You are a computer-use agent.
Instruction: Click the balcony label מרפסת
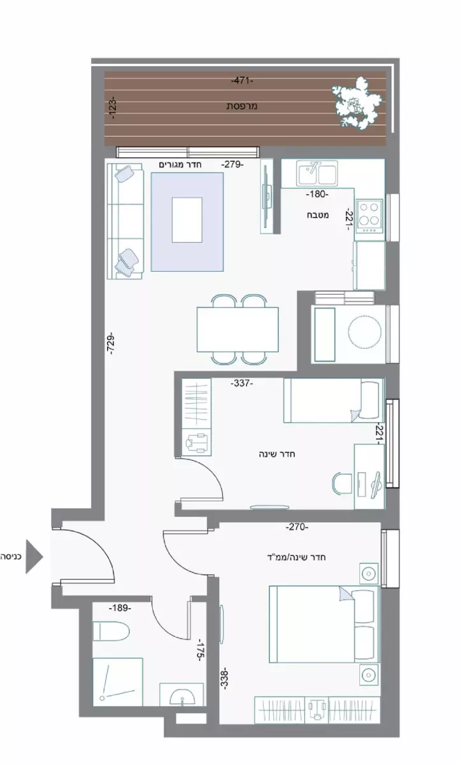pos(241,106)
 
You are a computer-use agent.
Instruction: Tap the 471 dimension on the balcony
pos(243,81)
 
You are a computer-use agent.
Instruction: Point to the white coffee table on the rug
pos(187,220)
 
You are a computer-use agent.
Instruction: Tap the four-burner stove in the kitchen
pos(370,215)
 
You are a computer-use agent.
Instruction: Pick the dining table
pos(238,329)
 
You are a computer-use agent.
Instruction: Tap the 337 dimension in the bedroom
pos(242,383)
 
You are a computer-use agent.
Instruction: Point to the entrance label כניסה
pos(11,556)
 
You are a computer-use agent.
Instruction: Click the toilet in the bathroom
pos(111,632)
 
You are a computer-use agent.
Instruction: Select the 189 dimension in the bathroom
pos(120,608)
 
